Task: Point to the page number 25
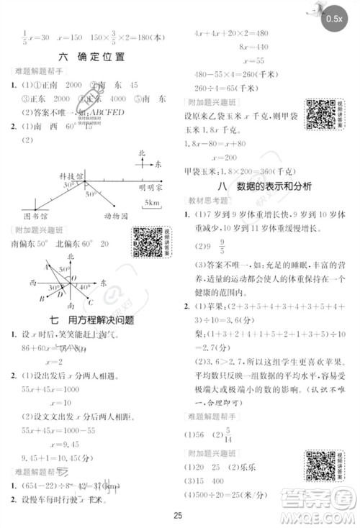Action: tap(179, 514)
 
